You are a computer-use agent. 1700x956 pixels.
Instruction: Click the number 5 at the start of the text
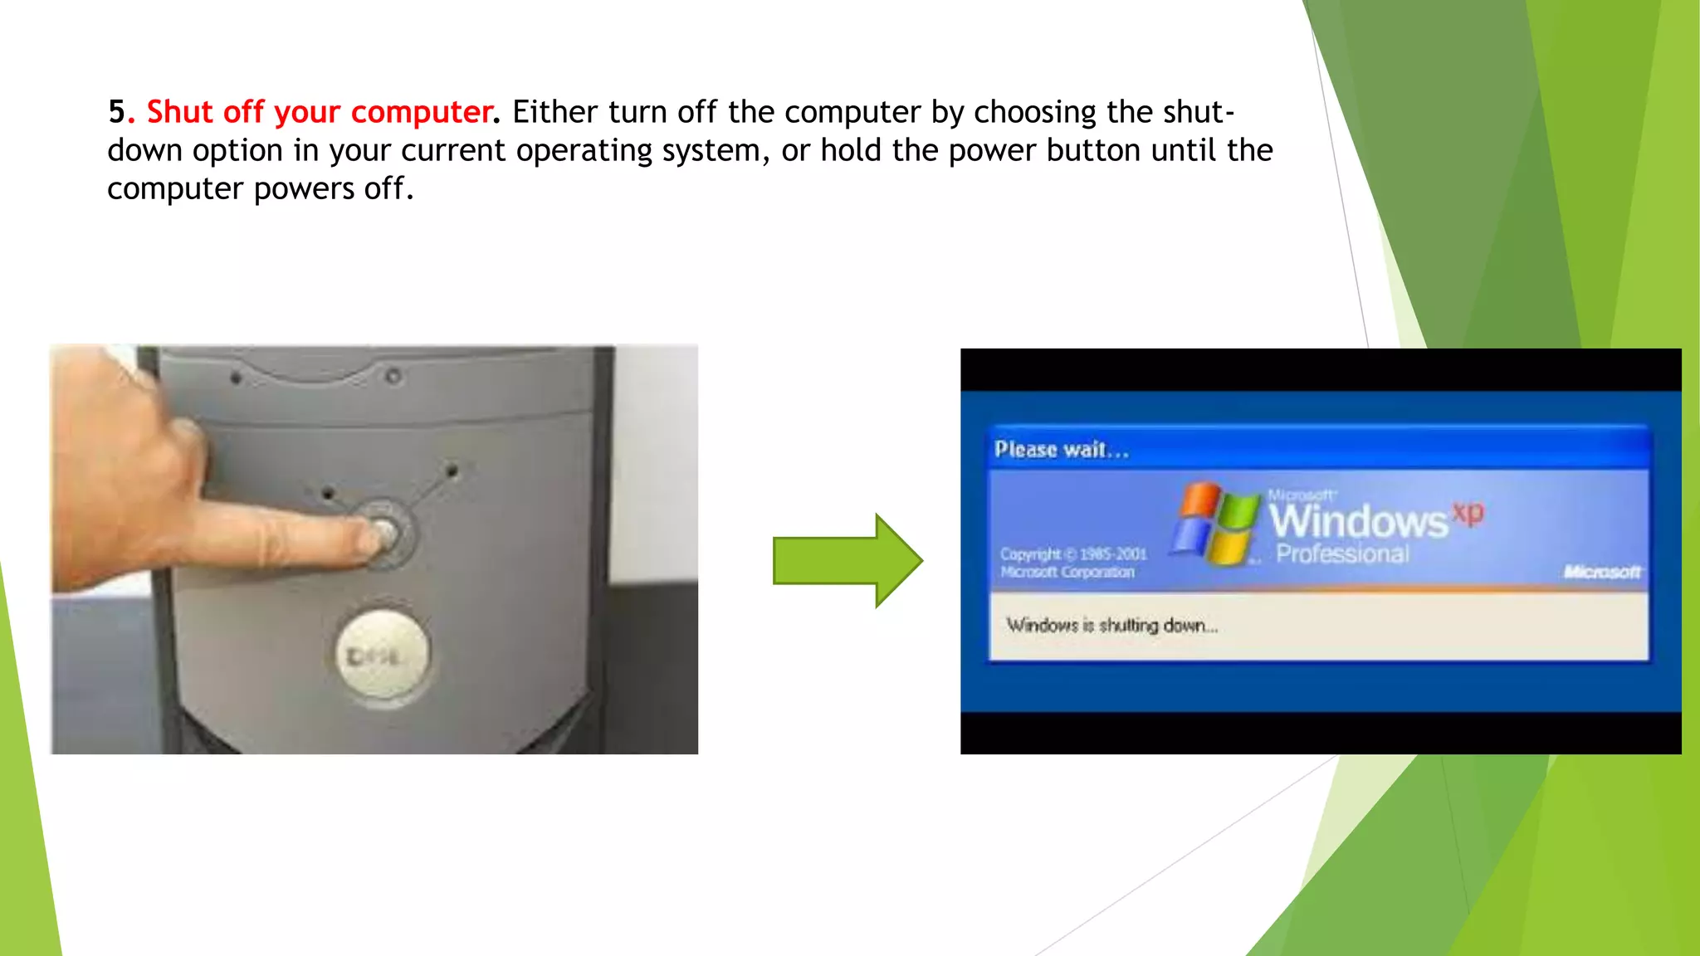116,112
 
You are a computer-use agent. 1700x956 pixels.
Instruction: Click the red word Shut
179,112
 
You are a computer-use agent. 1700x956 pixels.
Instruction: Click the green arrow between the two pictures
847,560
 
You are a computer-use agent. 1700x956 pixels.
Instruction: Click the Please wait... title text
1062,450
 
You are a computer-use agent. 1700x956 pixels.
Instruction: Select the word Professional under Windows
1342,554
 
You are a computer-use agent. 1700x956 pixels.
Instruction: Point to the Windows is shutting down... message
1111,625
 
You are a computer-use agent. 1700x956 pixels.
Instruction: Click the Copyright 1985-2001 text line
1072,554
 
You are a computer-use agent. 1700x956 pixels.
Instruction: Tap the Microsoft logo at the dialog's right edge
1601,572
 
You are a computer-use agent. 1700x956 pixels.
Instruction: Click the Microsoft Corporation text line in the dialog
1067,573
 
